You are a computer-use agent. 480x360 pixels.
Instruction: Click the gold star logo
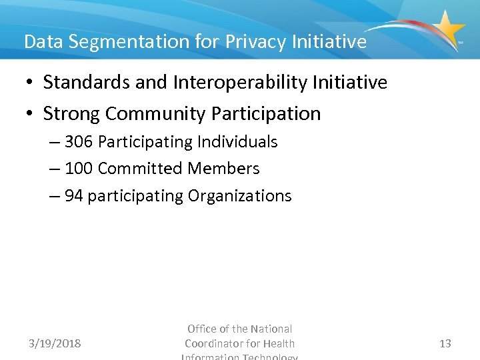click(x=447, y=28)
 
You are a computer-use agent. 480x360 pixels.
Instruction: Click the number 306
click(x=79, y=142)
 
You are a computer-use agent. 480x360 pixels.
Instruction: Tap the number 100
click(x=79, y=169)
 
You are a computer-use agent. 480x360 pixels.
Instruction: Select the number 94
click(x=74, y=196)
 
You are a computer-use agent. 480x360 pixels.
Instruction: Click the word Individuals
click(x=238, y=142)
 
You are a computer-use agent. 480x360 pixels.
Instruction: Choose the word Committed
click(x=140, y=169)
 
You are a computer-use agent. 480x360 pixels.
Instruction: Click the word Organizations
click(x=240, y=196)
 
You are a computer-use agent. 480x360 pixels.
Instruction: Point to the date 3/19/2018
click(x=55, y=344)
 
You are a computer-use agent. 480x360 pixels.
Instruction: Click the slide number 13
click(x=445, y=344)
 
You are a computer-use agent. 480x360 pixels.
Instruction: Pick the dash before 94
click(x=54, y=196)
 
